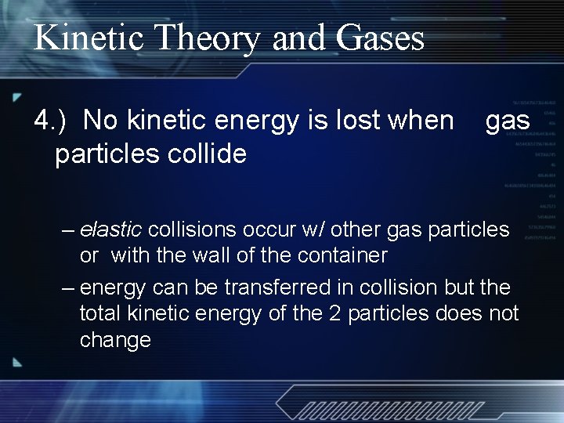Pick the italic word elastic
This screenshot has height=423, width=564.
click(110, 230)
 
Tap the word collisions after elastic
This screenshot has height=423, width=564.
click(192, 230)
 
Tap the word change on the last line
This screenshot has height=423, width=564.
click(115, 340)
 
